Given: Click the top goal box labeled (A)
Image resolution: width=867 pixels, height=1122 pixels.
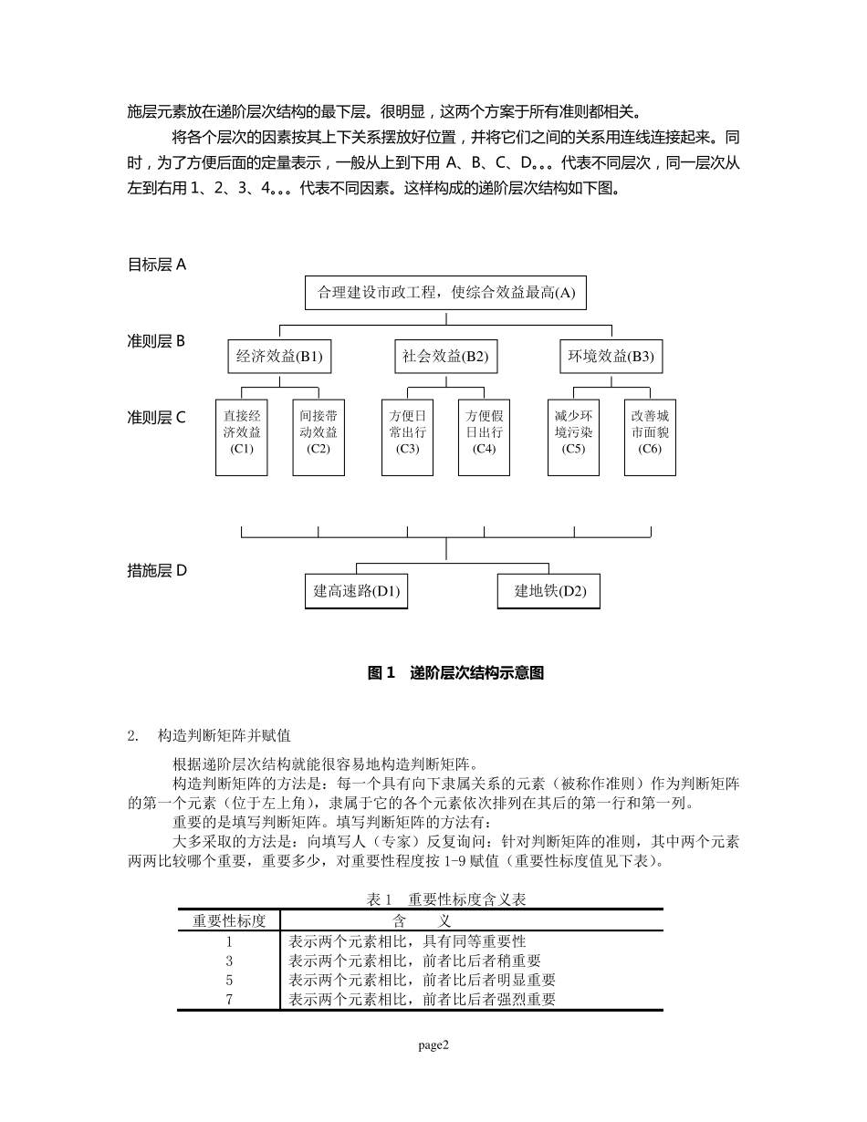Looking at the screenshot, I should [445, 293].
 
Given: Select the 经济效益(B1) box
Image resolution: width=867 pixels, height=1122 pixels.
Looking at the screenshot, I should [279, 357].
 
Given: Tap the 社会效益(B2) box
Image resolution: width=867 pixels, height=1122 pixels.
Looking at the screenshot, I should [445, 357].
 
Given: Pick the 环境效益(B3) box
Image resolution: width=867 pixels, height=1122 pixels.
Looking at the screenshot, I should [611, 357].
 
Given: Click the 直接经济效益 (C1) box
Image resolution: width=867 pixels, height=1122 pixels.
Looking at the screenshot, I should [242, 437].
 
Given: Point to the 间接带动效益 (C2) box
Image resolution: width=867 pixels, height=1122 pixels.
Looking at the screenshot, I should [319, 437].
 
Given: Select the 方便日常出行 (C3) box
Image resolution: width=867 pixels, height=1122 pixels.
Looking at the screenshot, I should [408, 437].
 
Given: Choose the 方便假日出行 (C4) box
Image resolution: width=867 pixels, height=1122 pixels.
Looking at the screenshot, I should [484, 437].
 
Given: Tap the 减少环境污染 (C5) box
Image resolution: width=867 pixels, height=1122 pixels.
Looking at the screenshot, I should [573, 437].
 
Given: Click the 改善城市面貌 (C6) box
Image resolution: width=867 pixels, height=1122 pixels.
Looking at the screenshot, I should [650, 437].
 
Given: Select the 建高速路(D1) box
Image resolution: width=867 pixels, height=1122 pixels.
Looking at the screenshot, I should [356, 591].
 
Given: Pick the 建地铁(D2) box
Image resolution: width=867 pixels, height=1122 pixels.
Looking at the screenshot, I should [550, 591].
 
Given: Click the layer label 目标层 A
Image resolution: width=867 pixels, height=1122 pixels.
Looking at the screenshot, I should [156, 265].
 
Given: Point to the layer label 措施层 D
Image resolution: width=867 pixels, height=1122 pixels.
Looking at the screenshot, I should [156, 571].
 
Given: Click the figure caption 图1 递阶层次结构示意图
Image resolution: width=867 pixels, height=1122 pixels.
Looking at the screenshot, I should [455, 673].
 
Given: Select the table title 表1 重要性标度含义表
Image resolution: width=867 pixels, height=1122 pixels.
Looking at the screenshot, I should [445, 899].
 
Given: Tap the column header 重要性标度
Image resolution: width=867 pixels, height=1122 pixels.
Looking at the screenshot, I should [229, 920].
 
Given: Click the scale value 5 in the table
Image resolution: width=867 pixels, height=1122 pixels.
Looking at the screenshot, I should [229, 980].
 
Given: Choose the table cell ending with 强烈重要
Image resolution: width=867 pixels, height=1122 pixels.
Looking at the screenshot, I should [423, 999].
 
